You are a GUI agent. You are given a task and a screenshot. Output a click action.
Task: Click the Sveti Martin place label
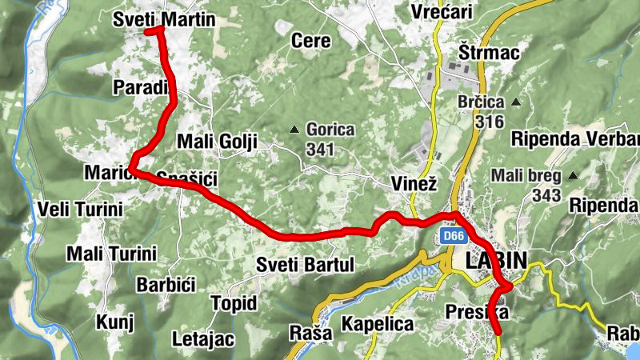[x=164, y=18]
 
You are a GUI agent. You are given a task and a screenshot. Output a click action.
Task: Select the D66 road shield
[x=454, y=236]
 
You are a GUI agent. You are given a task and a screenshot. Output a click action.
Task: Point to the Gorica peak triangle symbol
[x=295, y=129]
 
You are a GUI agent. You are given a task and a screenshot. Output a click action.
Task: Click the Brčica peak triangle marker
[x=516, y=102]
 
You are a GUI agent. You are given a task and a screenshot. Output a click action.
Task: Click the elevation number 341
[x=320, y=149]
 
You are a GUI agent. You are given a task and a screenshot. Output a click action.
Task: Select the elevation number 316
[x=489, y=122]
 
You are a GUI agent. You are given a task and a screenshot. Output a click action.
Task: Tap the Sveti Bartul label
[x=305, y=265]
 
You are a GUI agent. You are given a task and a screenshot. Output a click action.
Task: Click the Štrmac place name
[x=490, y=53]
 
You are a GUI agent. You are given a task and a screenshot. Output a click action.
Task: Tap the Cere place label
[x=311, y=40]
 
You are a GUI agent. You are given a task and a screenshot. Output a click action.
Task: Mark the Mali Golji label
[x=216, y=142]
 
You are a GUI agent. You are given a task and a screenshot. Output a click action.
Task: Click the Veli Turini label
[x=81, y=210]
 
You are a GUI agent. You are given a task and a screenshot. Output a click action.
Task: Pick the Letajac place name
[x=203, y=339]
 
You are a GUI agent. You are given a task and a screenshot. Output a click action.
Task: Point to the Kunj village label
[x=114, y=322]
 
